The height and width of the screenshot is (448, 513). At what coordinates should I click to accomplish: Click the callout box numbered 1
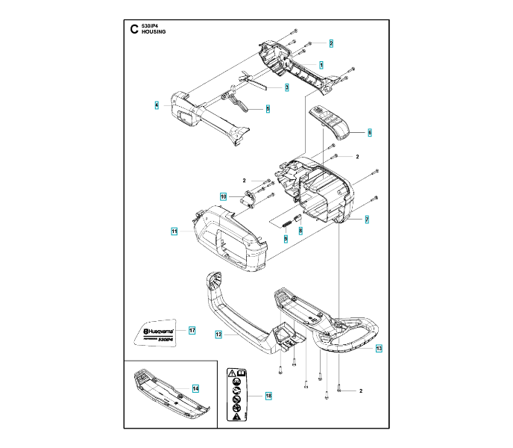pyautogui.click(x=321, y=65)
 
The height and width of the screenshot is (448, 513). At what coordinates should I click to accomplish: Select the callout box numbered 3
pyautogui.click(x=286, y=87)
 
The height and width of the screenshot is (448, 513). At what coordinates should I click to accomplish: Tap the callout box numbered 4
pyautogui.click(x=157, y=105)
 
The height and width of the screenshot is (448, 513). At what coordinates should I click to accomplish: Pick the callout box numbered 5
pyautogui.click(x=268, y=109)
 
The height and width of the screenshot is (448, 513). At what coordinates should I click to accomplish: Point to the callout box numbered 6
pyautogui.click(x=368, y=132)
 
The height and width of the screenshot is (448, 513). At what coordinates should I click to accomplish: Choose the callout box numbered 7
pyautogui.click(x=366, y=219)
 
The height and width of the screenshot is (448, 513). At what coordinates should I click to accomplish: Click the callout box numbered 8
pyautogui.click(x=300, y=231)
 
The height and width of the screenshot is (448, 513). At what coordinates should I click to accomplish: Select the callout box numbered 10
pyautogui.click(x=223, y=196)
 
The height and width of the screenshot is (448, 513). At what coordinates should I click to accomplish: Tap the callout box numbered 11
pyautogui.click(x=174, y=232)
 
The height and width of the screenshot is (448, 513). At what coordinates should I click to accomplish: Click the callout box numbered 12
pyautogui.click(x=218, y=335)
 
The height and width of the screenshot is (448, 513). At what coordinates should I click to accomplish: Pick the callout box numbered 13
pyautogui.click(x=378, y=349)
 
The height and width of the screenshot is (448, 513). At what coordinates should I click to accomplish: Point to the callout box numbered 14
pyautogui.click(x=195, y=388)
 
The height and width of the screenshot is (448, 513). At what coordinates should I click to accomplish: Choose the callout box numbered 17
pyautogui.click(x=192, y=330)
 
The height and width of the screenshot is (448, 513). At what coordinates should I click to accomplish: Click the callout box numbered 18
pyautogui.click(x=268, y=395)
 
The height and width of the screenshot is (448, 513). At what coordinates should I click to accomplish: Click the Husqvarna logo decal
pyautogui.click(x=159, y=332)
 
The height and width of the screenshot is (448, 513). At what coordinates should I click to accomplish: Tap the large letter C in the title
pyautogui.click(x=134, y=30)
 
